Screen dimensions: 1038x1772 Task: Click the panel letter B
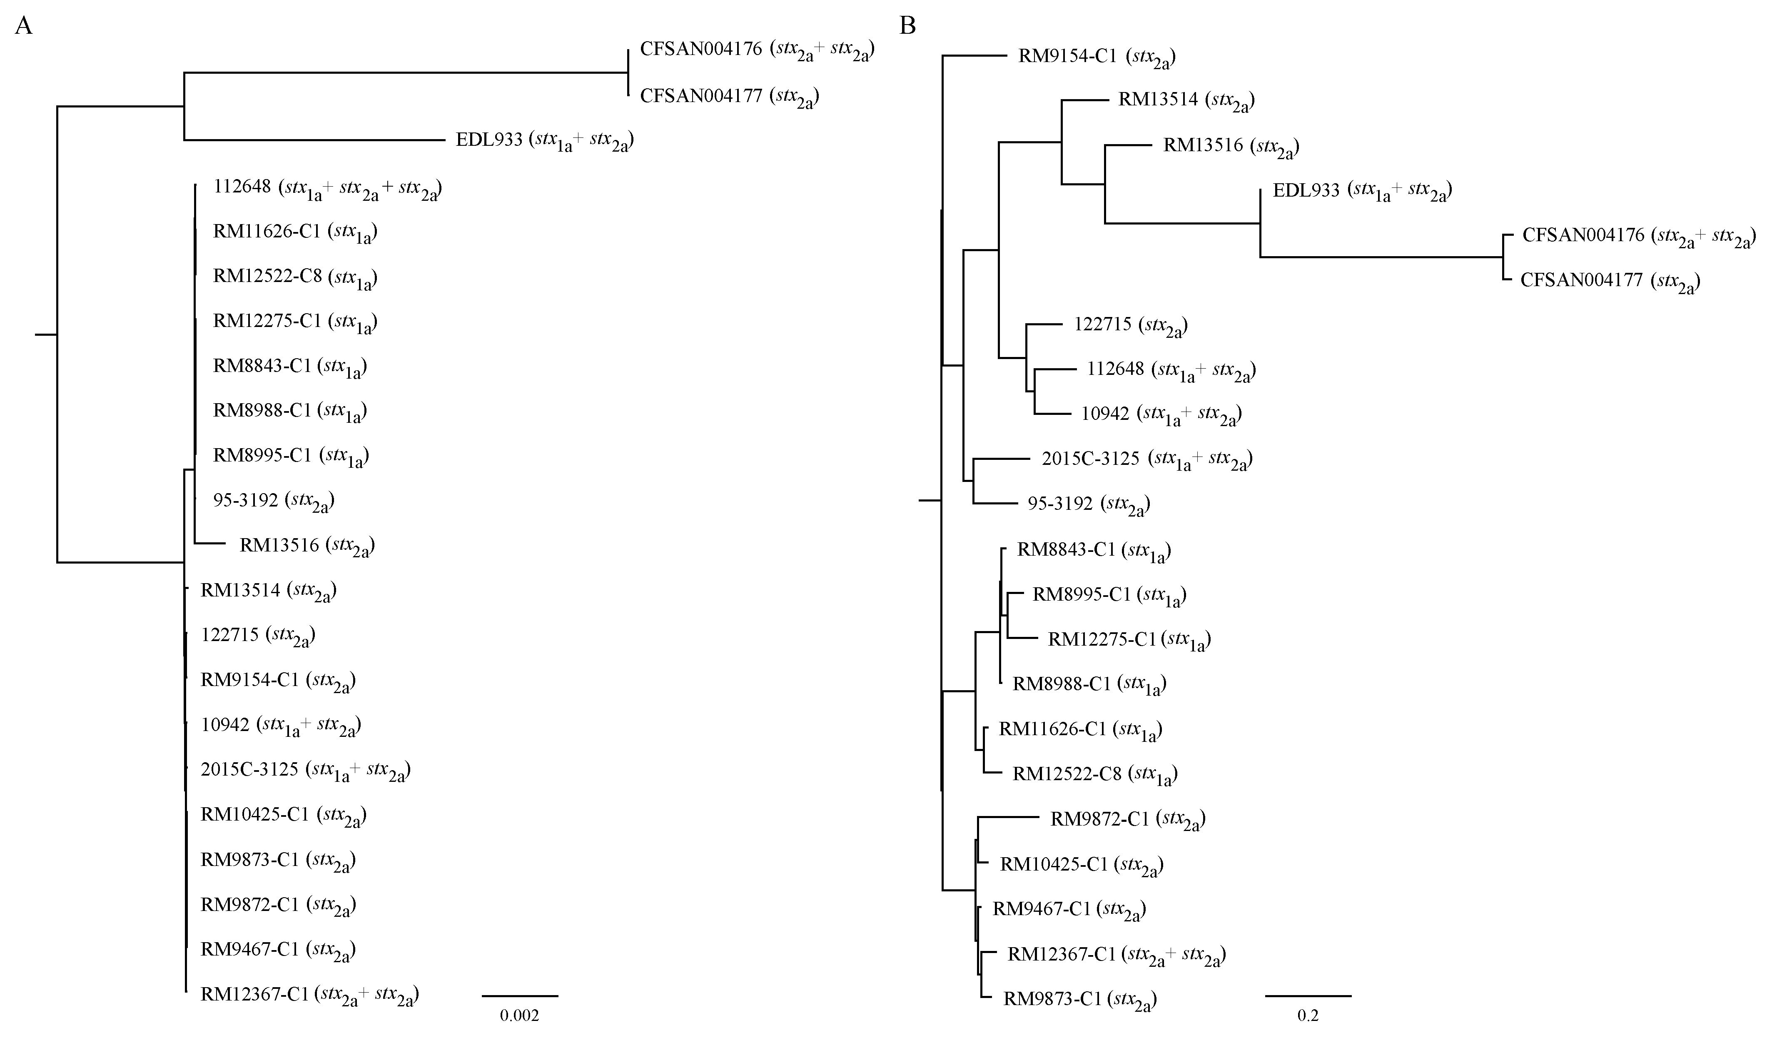(908, 26)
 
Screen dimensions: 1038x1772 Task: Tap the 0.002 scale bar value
(520, 1016)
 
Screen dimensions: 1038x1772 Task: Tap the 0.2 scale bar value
(1308, 1016)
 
